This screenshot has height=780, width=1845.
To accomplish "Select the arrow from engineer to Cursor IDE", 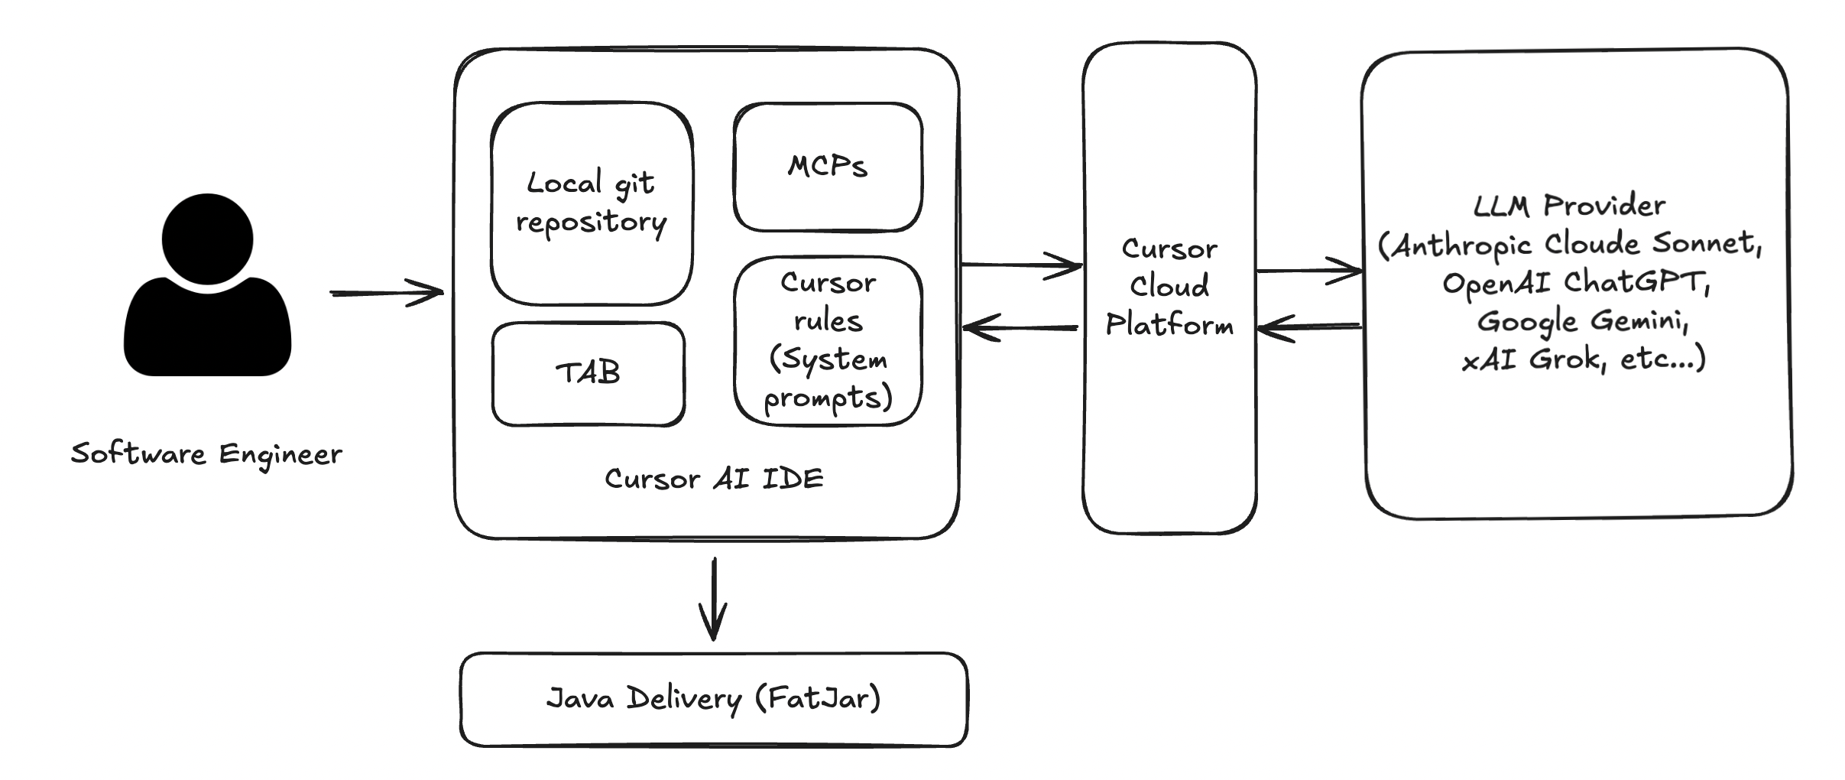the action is (x=387, y=292).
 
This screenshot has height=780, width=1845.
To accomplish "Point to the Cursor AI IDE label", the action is (x=714, y=479).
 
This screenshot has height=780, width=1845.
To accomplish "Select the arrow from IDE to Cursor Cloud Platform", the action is (x=1021, y=265).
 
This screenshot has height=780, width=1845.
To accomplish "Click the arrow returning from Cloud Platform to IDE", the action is (x=1021, y=328).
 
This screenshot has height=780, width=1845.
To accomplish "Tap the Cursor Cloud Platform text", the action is (x=1169, y=286).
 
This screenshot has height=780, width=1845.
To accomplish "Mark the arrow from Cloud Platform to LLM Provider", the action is (x=1310, y=271).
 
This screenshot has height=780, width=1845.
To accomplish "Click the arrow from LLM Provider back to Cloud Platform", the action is (x=1310, y=327).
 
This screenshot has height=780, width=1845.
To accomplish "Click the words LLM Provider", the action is (x=1569, y=205).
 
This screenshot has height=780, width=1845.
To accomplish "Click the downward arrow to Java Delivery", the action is (x=713, y=600).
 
